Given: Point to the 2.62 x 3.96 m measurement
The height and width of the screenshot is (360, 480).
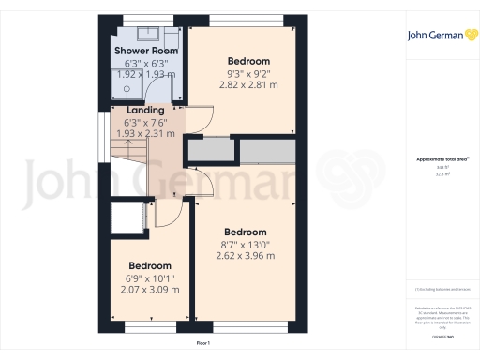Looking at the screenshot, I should coord(245,255).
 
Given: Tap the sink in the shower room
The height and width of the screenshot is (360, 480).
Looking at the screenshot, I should coord(174,90).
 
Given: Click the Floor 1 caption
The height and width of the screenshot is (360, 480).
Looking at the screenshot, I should coord(203,344).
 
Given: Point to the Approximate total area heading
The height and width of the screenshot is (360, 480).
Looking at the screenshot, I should coord(442,159).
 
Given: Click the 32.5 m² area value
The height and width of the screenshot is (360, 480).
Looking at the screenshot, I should coord(442,173).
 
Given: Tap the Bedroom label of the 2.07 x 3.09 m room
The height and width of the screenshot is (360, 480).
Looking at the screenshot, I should coord(150,265).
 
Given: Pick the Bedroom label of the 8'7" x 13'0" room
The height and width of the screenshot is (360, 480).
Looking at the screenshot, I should coord(245,232).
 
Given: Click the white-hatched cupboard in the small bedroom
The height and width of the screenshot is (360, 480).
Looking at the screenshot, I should coord(123,217).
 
